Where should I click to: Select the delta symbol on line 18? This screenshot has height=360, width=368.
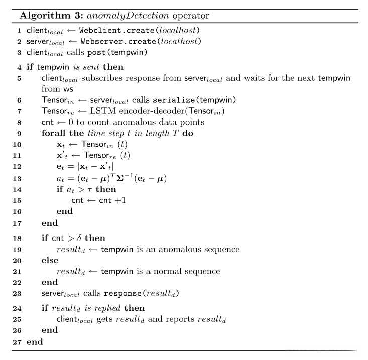coord(79,238)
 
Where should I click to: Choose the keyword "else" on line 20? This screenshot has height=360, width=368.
coord(50,260)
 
